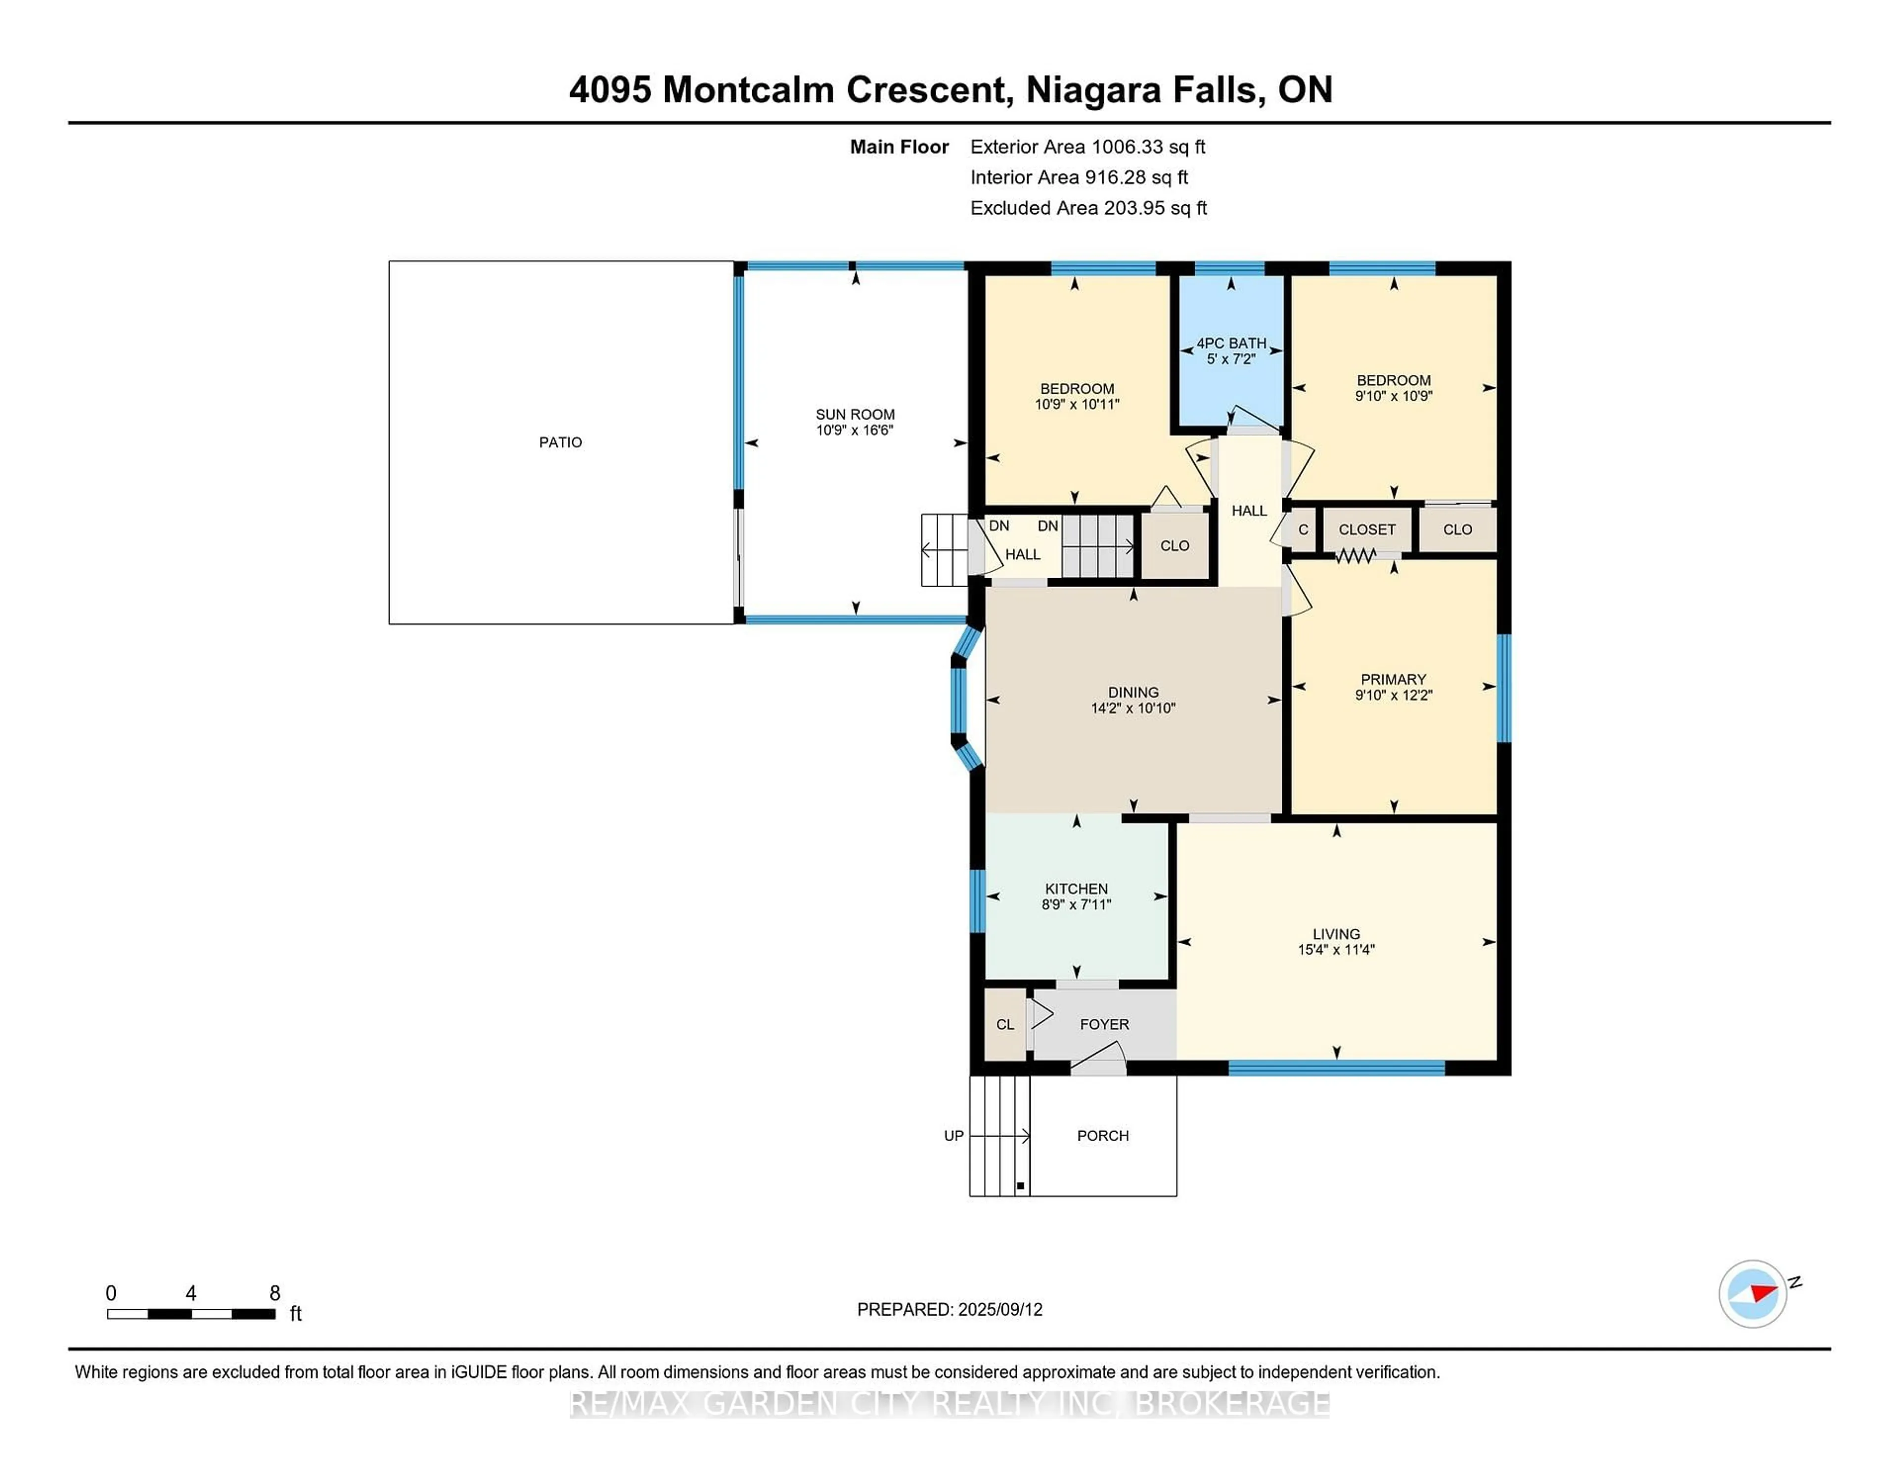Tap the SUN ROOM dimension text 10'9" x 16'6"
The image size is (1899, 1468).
(x=855, y=430)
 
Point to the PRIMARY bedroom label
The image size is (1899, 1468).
(x=1393, y=679)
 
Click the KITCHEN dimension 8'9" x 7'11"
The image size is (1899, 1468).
(x=1077, y=905)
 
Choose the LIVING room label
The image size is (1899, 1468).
(x=1336, y=934)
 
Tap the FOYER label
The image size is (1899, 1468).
(x=1104, y=1024)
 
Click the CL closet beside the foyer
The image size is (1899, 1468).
(x=1005, y=1024)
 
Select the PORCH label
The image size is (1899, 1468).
(x=1102, y=1136)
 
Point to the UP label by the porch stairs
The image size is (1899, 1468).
(x=954, y=1136)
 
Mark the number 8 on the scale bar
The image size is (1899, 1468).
(x=275, y=1293)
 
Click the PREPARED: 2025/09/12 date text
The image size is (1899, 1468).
(x=949, y=1310)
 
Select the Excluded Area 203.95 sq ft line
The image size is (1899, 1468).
(x=1088, y=208)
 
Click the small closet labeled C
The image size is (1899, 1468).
(x=1303, y=530)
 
